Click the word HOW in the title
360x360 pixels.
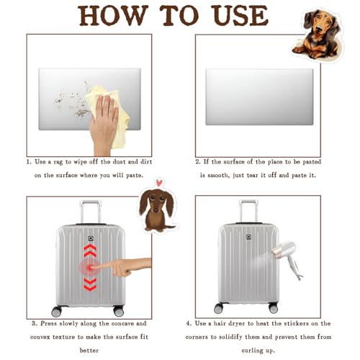click(112, 15)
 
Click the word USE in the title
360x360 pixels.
click(240, 15)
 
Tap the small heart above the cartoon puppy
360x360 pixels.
click(158, 183)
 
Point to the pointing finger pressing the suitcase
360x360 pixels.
click(125, 266)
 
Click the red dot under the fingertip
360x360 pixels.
click(90, 268)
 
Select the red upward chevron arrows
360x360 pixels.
click(90, 250)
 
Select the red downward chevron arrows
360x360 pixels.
click(90, 284)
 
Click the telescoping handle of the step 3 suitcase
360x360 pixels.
click(91, 212)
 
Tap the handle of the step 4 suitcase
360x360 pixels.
click(248, 211)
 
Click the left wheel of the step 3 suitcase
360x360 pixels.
click(57, 311)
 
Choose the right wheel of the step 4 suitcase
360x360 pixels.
click(274, 308)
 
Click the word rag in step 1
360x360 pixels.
click(58, 162)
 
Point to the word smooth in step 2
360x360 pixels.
click(218, 176)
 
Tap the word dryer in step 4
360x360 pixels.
click(238, 324)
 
